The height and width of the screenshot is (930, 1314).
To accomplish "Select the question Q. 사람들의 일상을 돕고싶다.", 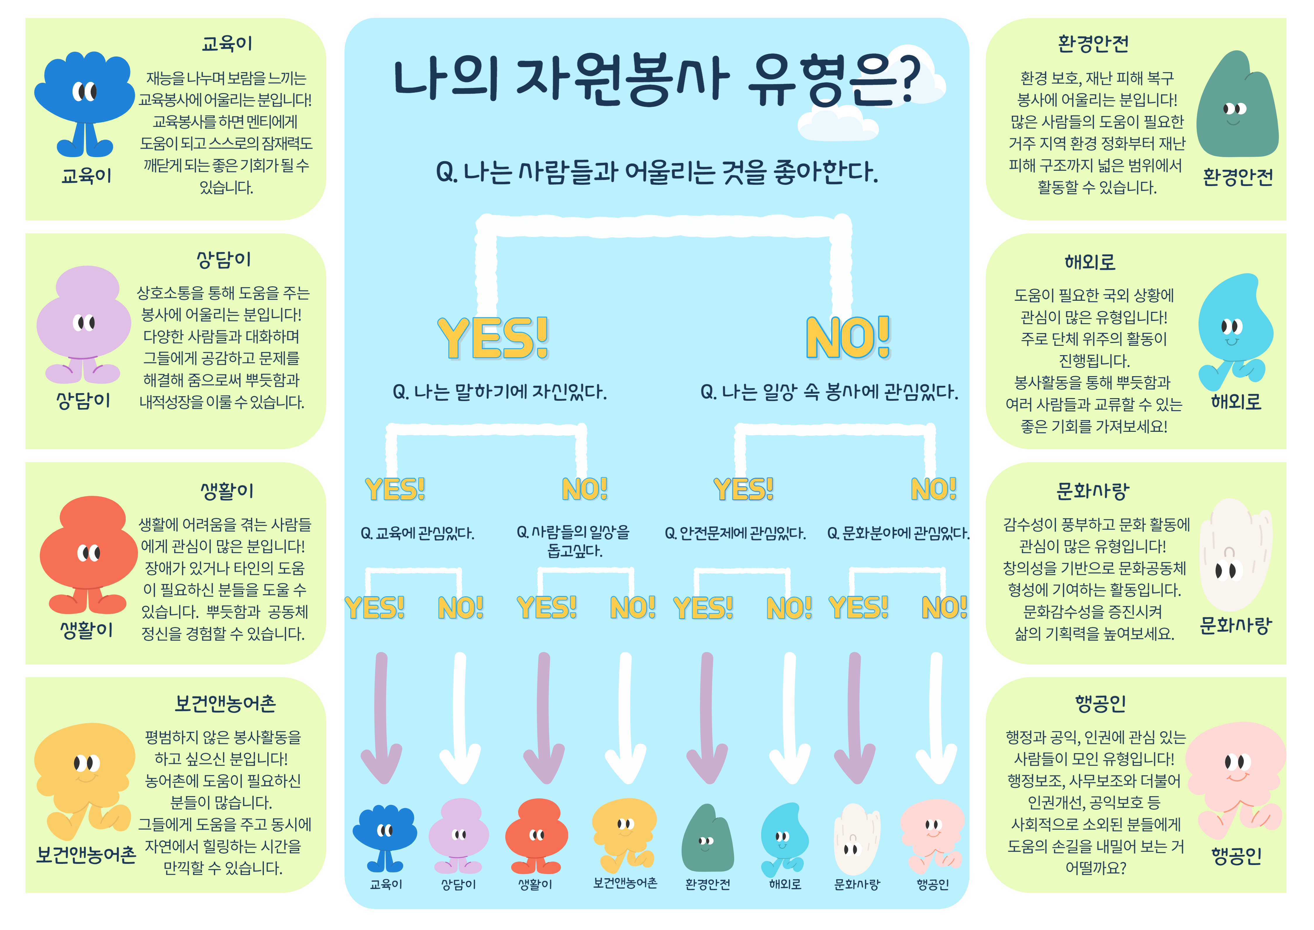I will click(x=573, y=541).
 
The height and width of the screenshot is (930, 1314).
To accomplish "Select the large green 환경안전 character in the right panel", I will click(x=1237, y=106).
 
